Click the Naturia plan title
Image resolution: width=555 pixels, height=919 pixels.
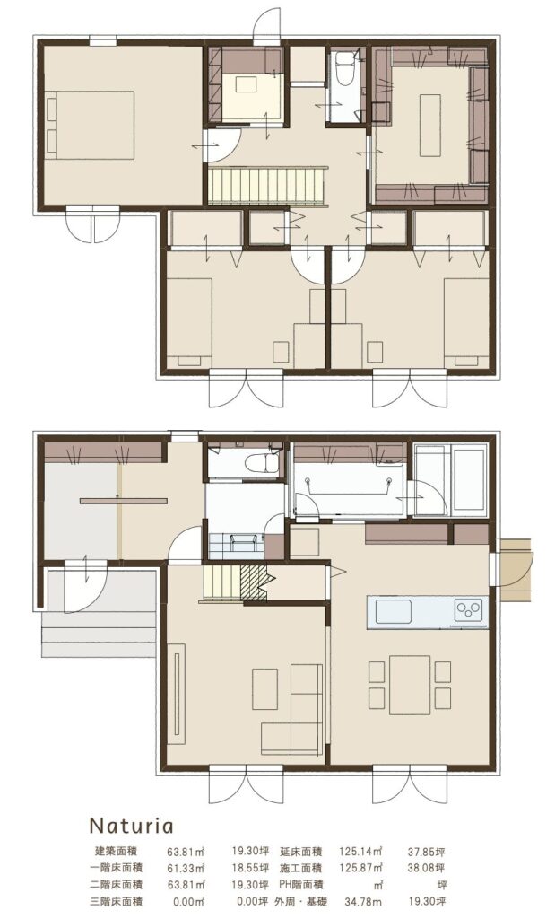[x=131, y=826]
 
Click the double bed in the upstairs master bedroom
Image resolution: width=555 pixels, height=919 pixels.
[x=90, y=125]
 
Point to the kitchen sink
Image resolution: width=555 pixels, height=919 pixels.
[x=393, y=612]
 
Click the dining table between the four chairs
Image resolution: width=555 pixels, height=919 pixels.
[x=410, y=685]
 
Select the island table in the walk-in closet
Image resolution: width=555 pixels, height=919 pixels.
[x=429, y=125]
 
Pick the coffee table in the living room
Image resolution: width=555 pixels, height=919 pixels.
[x=265, y=689]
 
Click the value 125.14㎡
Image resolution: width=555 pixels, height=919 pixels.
[x=360, y=851]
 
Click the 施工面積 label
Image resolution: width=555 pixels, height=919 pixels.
[x=301, y=868]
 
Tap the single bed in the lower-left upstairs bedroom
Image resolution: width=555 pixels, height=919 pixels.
[x=189, y=323]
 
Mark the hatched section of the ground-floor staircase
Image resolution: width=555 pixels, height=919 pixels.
[x=254, y=583]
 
